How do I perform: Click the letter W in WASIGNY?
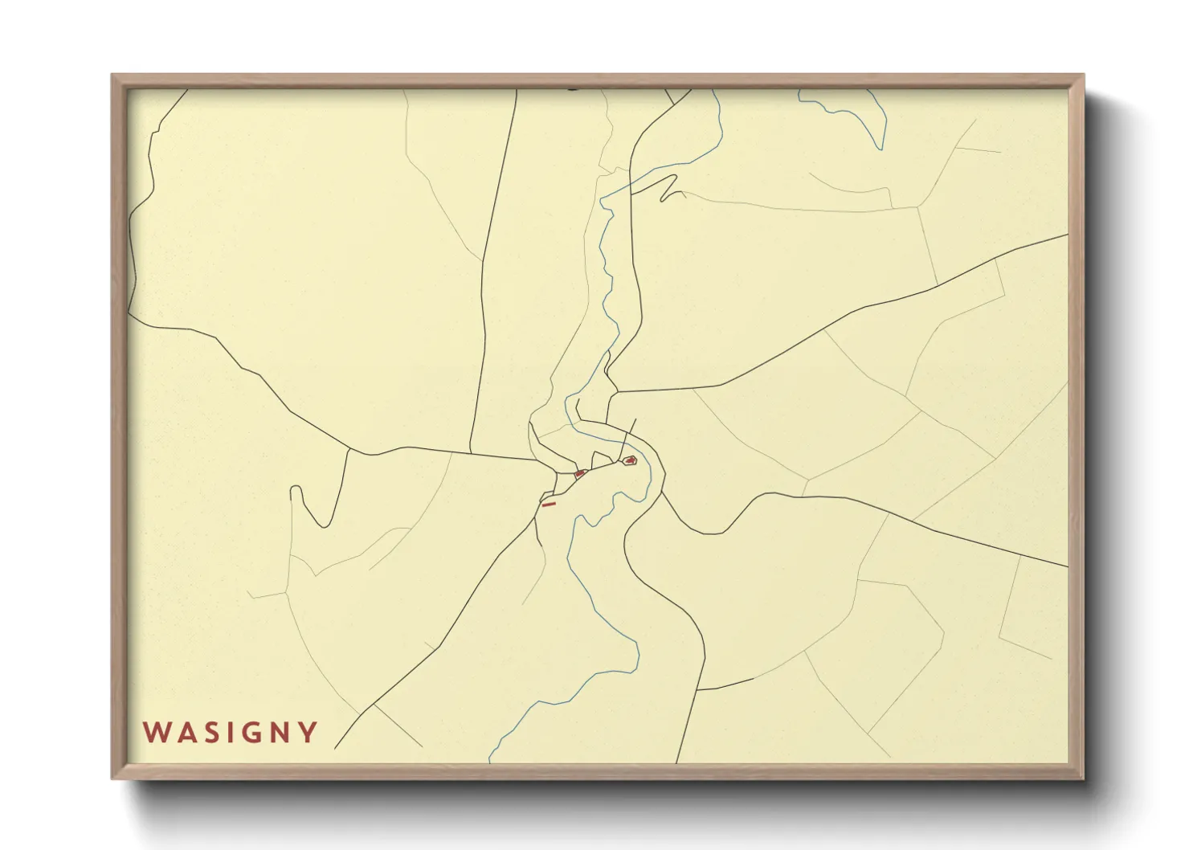pos(155,733)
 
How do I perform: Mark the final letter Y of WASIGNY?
pos(308,733)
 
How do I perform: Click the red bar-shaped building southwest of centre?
pos(549,505)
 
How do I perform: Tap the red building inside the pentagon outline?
pos(631,461)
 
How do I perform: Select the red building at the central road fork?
pos(579,474)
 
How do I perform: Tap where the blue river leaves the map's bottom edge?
pos(490,760)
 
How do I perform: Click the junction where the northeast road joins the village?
pos(615,393)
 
